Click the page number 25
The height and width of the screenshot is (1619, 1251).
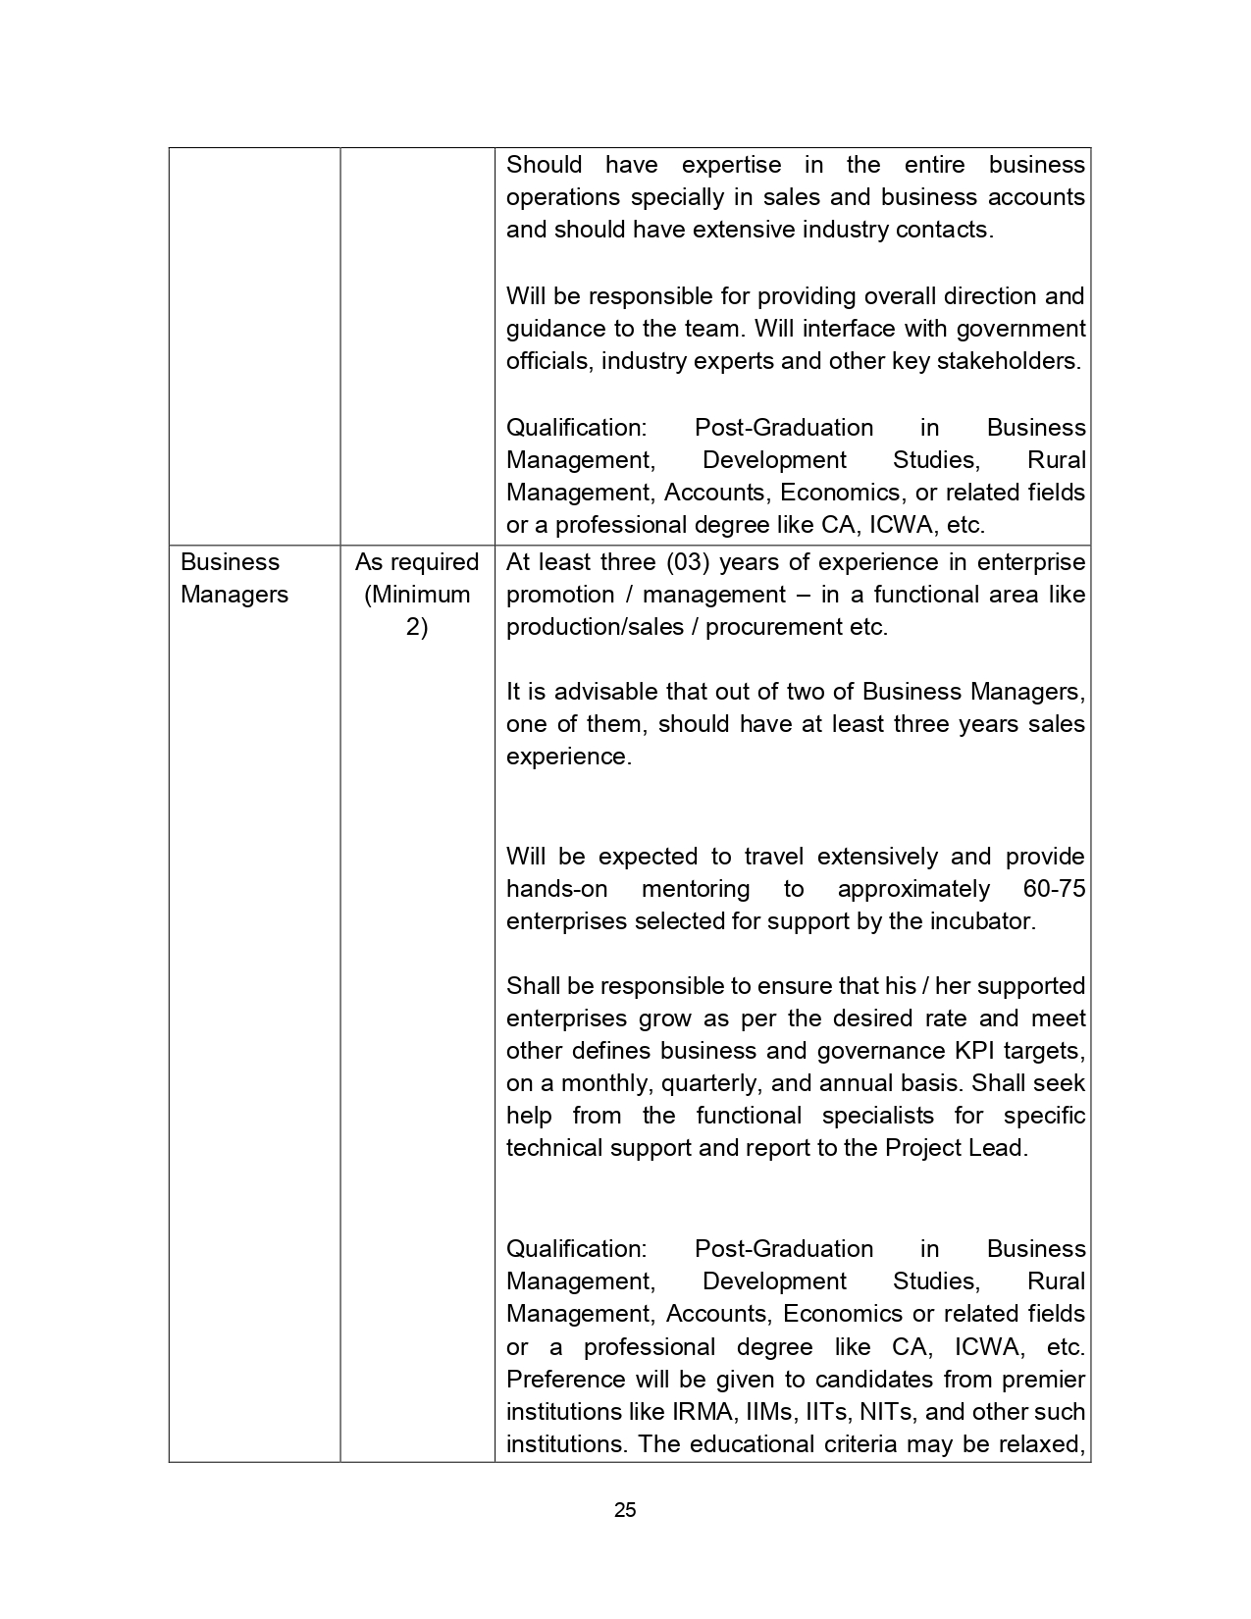(x=625, y=1510)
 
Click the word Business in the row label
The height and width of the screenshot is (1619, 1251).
(x=230, y=562)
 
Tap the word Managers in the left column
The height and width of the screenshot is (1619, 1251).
(x=235, y=595)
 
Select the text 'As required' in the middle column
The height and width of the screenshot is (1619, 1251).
(x=417, y=562)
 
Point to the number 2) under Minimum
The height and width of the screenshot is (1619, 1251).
(x=417, y=627)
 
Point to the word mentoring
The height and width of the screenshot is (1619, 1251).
(x=695, y=889)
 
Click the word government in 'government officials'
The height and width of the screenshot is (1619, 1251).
(x=1020, y=329)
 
